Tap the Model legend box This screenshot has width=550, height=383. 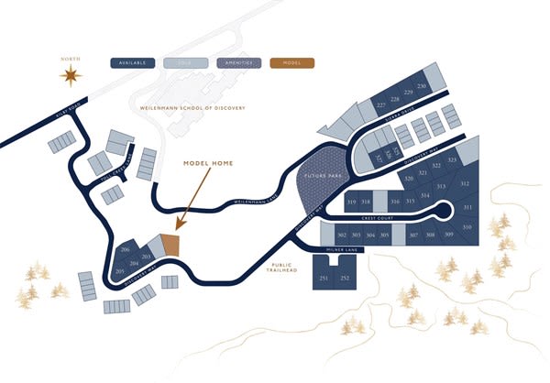point(292,64)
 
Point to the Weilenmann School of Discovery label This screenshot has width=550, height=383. point(193,109)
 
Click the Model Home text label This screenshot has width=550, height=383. point(209,163)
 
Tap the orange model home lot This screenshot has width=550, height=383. point(170,246)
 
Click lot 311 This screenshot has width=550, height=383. point(467,208)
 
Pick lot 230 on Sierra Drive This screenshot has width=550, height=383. point(422,86)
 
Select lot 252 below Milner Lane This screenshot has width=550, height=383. point(345,278)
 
